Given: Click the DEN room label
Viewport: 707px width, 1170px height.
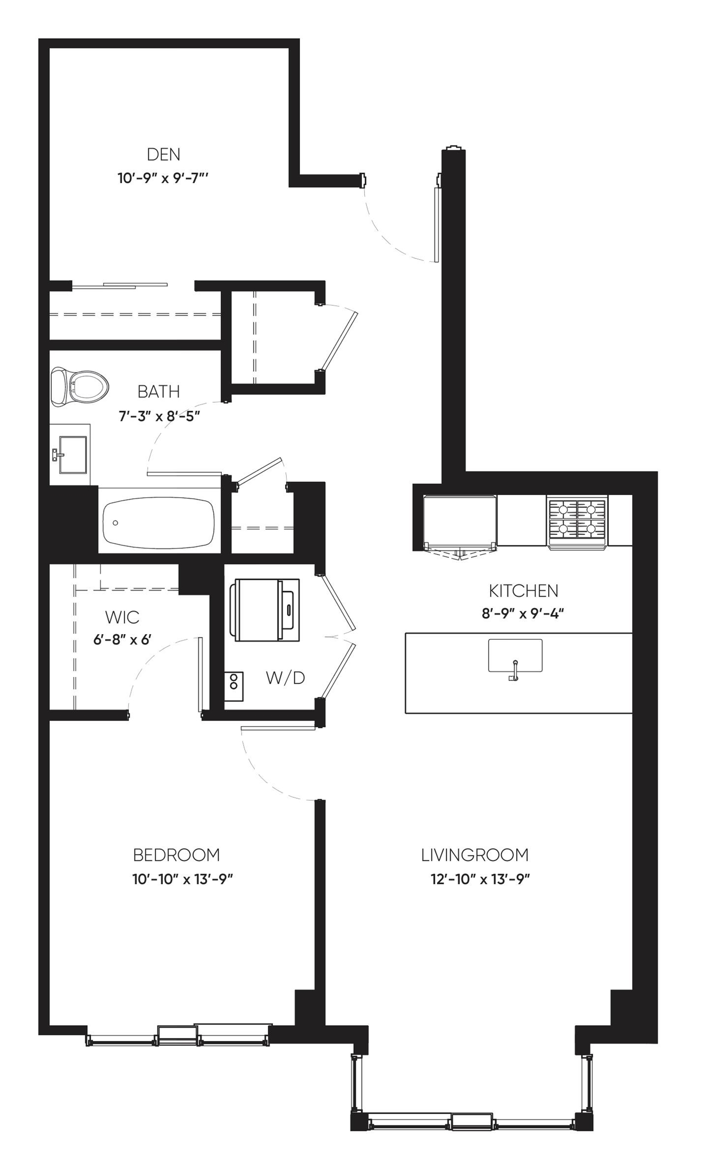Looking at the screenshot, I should pyautogui.click(x=163, y=154).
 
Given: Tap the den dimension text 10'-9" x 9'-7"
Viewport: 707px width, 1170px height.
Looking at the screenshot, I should pyautogui.click(x=163, y=178).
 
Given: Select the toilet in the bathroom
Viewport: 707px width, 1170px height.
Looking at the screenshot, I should pyautogui.click(x=80, y=388).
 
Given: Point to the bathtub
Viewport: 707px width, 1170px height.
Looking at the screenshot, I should pyautogui.click(x=159, y=523).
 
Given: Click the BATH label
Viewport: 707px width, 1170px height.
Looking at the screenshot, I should pyautogui.click(x=159, y=392).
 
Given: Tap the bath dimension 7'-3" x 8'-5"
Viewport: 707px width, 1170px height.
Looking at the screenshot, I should pyautogui.click(x=159, y=416).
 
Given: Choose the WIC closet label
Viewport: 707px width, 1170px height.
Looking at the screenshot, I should pyautogui.click(x=122, y=617).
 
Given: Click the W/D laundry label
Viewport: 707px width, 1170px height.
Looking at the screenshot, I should pyautogui.click(x=285, y=677).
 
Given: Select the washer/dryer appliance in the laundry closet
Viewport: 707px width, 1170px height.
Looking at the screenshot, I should pyautogui.click(x=264, y=610).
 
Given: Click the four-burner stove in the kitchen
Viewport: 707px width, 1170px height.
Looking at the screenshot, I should pyautogui.click(x=577, y=521).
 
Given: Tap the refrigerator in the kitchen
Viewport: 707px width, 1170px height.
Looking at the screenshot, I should pyautogui.click(x=460, y=522).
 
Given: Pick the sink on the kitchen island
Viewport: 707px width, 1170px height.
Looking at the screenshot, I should pyautogui.click(x=515, y=657).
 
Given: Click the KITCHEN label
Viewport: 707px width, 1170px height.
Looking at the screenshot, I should pyautogui.click(x=523, y=591).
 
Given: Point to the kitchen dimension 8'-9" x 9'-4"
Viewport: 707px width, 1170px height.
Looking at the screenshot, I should pyautogui.click(x=523, y=613).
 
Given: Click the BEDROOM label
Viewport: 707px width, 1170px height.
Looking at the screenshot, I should pyautogui.click(x=177, y=855).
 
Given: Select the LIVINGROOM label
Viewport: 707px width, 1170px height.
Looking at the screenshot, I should pyautogui.click(x=475, y=855).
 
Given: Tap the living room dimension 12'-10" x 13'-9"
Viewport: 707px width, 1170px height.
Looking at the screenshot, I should pyautogui.click(x=480, y=879).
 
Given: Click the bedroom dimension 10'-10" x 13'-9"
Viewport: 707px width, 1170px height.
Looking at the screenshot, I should pyautogui.click(x=183, y=879).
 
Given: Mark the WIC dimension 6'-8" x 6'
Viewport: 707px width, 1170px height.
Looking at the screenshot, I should pyautogui.click(x=122, y=639).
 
